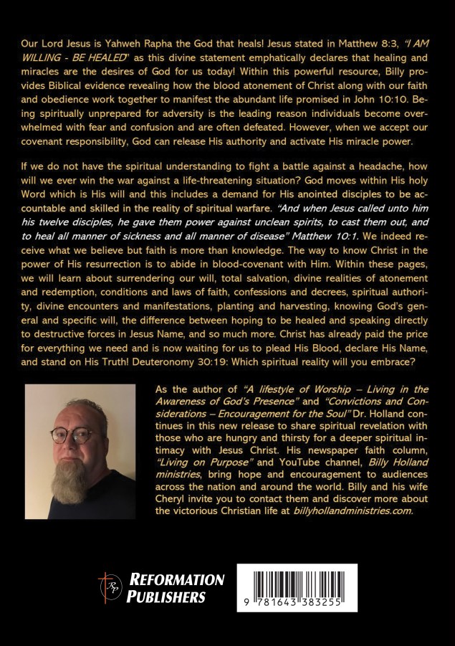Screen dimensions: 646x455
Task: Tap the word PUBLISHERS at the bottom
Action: click(166, 597)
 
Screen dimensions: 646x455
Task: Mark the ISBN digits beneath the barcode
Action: click(297, 603)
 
